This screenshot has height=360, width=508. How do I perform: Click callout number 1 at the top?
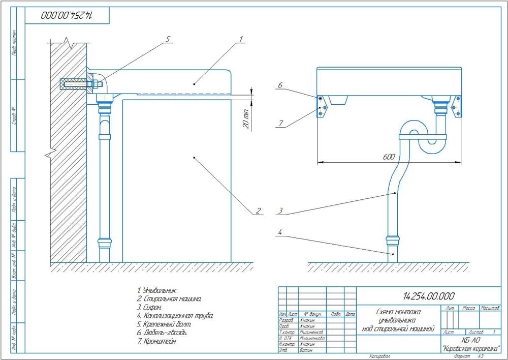242,38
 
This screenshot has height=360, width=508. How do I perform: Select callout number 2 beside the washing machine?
258,210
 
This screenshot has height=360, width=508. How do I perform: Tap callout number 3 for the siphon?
278,210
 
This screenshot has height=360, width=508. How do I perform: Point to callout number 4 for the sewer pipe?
278,234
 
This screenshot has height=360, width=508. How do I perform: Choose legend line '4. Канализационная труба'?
175,316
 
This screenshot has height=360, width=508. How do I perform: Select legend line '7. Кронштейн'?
160,342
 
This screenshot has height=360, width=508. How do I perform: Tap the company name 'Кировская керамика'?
471,348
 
